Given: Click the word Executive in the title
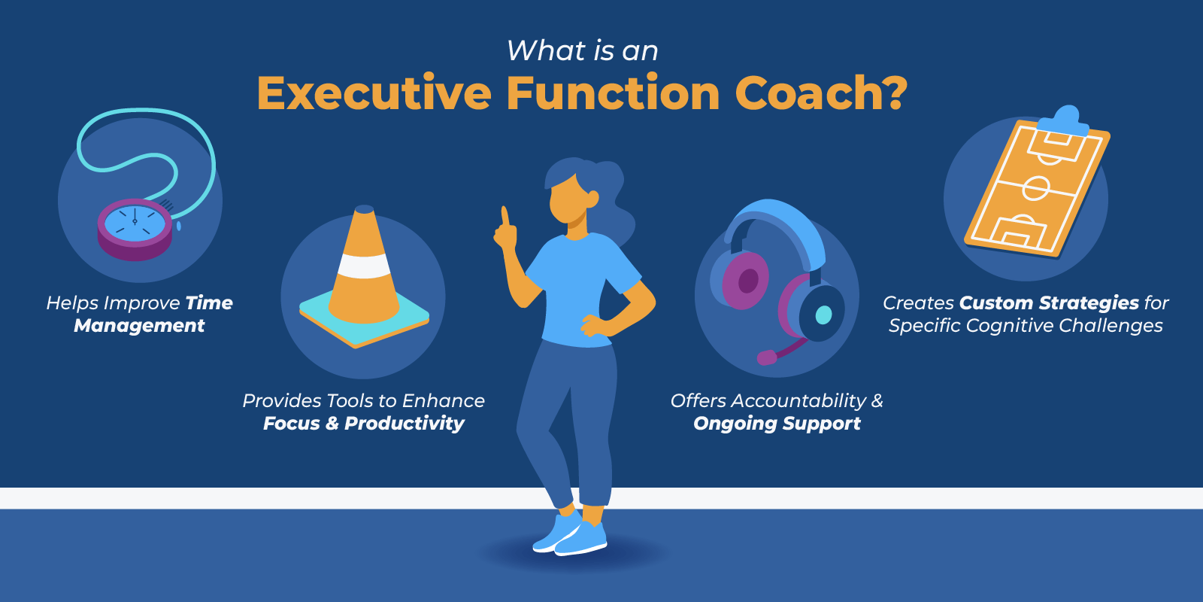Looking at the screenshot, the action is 374,93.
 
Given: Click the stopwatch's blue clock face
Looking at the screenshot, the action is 135,222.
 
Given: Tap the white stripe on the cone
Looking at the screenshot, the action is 364,266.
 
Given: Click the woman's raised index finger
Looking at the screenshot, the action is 505,217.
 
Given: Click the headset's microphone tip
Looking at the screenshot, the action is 766,357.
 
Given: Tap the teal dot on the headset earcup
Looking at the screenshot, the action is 823,315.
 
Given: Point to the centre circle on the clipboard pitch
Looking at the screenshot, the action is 1036,188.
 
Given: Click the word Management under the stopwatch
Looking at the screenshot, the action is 139,326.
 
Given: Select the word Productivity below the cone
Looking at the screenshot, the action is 404,424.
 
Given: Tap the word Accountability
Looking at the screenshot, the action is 798,401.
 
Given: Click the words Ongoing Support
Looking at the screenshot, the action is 777,424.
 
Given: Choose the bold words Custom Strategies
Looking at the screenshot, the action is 1049,303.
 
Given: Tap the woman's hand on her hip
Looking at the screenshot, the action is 593,325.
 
